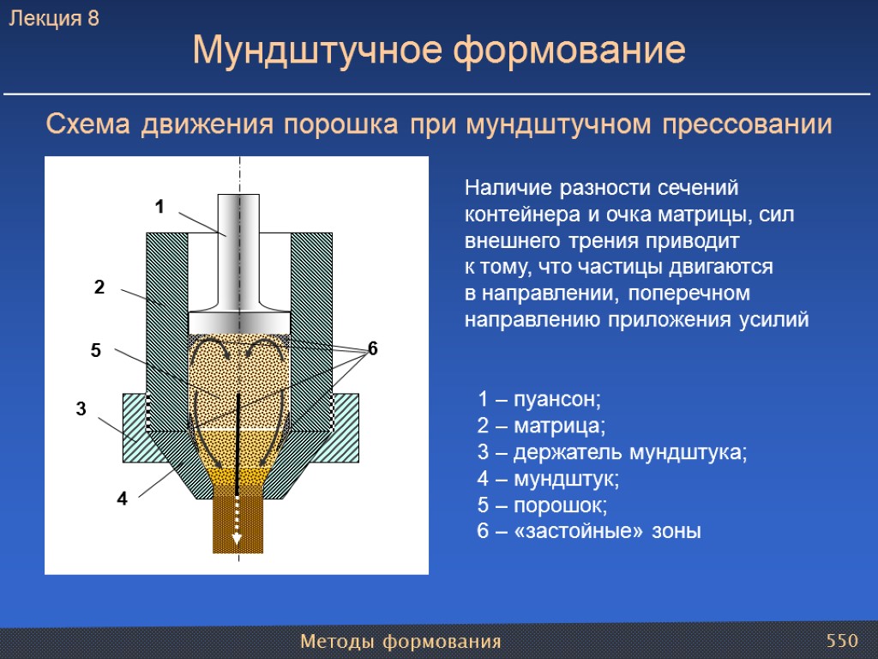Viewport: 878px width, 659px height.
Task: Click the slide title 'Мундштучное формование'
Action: pyautogui.click(x=439, y=51)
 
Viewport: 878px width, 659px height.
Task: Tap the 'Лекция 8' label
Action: pyautogui.click(x=54, y=19)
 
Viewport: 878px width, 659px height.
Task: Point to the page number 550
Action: pyautogui.click(x=842, y=641)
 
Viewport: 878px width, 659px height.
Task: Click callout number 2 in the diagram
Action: pyautogui.click(x=99, y=288)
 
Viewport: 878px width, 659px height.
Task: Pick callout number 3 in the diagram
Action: pyautogui.click(x=81, y=410)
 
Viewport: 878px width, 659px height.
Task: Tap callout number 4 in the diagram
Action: pyautogui.click(x=122, y=499)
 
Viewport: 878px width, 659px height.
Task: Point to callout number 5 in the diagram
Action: pyautogui.click(x=95, y=350)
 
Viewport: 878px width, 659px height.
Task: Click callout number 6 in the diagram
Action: pyautogui.click(x=372, y=348)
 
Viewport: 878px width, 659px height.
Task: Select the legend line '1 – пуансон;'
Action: pyautogui.click(x=539, y=400)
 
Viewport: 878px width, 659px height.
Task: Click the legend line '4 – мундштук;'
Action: pyautogui.click(x=548, y=479)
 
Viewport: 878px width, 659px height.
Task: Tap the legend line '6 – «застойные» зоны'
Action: pyautogui.click(x=588, y=531)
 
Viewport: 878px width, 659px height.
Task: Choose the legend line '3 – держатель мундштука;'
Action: pyautogui.click(x=611, y=452)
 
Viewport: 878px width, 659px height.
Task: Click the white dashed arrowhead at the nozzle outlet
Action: pyautogui.click(x=237, y=539)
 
